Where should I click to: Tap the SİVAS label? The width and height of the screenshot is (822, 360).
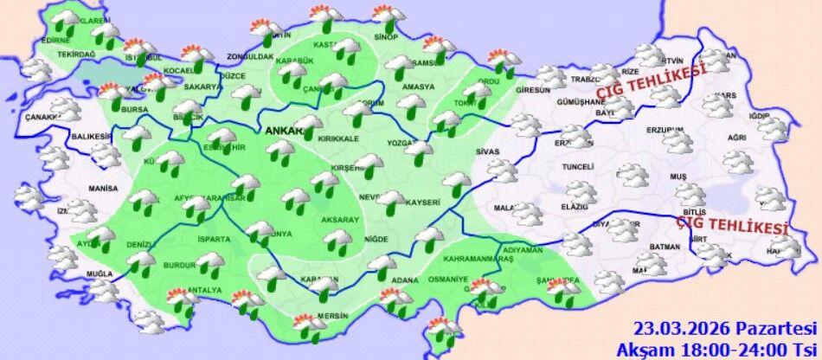pyautogui.click(x=488, y=151)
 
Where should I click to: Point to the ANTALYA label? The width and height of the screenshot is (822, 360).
pyautogui.click(x=206, y=290)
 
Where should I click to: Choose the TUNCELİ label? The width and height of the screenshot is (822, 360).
pyautogui.click(x=577, y=166)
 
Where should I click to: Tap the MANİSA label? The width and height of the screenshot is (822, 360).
pyautogui.click(x=102, y=188)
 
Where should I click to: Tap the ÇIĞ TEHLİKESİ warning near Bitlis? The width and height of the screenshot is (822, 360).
pyautogui.click(x=732, y=225)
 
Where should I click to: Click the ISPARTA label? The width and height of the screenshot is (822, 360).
pyautogui.click(x=213, y=238)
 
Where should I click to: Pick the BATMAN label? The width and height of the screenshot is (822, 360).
pyautogui.click(x=664, y=247)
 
